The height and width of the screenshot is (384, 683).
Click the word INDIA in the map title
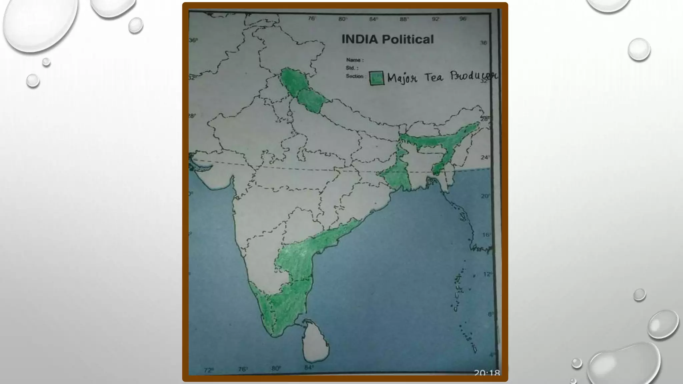point(360,39)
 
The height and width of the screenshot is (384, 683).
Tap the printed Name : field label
point(355,60)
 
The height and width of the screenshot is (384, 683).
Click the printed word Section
point(354,76)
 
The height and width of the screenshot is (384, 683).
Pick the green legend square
point(377,78)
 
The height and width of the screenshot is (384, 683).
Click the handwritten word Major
point(402,79)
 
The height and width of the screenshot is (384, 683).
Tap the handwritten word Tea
point(434,77)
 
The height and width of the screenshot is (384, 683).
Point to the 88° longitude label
point(404,19)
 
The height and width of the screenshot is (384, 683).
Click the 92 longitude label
point(436,19)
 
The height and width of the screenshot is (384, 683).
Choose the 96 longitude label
point(463,19)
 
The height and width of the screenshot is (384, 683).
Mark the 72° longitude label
point(209,370)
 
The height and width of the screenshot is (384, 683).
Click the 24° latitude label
point(485,157)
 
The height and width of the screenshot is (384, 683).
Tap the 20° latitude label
point(485,196)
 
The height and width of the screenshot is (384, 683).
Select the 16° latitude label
point(487,235)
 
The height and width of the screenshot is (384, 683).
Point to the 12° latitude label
point(487,274)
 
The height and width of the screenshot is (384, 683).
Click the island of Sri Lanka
point(315,342)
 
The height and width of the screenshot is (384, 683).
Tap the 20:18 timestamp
point(487,373)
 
